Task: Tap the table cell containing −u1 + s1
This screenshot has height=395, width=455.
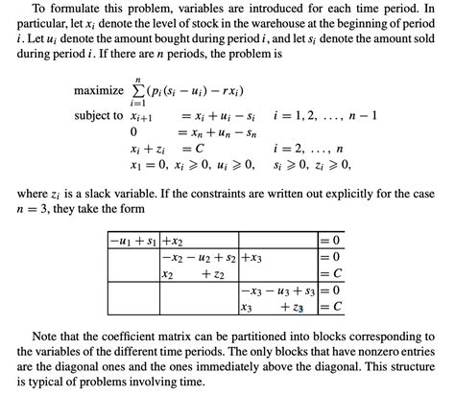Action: [x=132, y=240]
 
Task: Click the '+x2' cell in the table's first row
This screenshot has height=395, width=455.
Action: [x=175, y=240]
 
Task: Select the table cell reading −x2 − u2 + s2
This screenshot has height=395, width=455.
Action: [x=200, y=257]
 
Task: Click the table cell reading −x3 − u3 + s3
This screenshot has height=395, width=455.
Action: [x=277, y=291]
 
